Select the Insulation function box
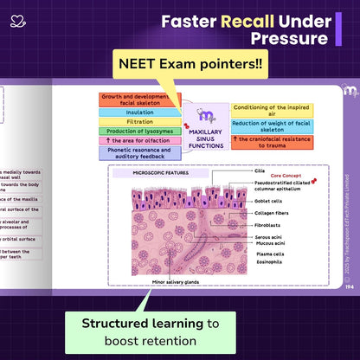pyautogui.click(x=139, y=112)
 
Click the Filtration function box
pyautogui.click(x=139, y=122)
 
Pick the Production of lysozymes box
pyautogui.click(x=139, y=132)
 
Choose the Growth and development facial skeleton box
pyautogui.click(x=139, y=99)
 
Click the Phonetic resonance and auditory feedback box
pyautogui.click(x=139, y=152)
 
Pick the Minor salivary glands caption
pyautogui.click(x=176, y=282)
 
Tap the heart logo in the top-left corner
pyautogui.click(x=16, y=21)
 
